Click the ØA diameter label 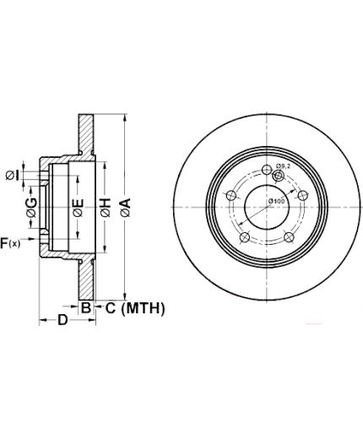(126, 208)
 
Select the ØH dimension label (105, 208)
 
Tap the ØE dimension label (78, 208)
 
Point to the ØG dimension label (31, 208)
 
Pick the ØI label (13, 176)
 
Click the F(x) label (10, 243)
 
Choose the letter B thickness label (86, 307)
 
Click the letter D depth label (62, 320)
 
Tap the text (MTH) (143, 308)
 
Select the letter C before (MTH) (111, 308)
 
